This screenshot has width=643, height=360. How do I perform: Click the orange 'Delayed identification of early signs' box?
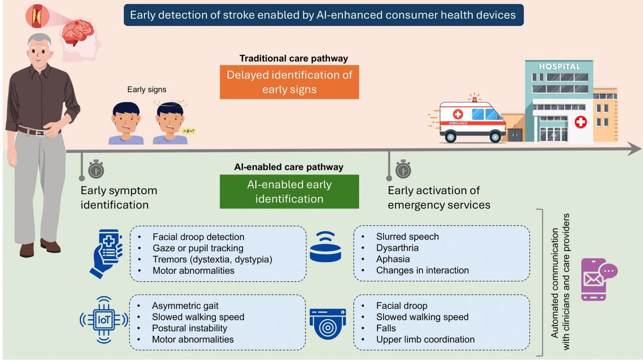(289, 82)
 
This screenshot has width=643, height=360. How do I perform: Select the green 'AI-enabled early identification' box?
(289, 191)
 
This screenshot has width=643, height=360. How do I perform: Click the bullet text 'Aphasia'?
(393, 259)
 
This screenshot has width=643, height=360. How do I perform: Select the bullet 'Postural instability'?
(189, 328)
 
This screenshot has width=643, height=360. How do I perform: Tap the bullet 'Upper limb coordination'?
(425, 339)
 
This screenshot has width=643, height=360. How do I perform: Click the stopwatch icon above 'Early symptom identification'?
(96, 169)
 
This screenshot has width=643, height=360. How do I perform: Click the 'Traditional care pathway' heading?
(293, 59)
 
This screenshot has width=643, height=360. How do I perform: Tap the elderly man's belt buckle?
(40, 133)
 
